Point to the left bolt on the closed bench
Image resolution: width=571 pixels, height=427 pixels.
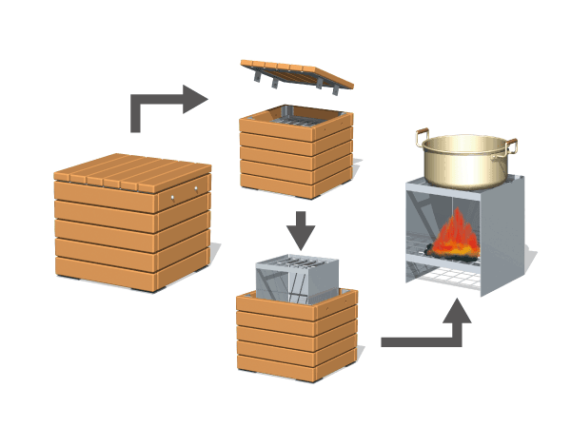pyautogui.click(x=172, y=197)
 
